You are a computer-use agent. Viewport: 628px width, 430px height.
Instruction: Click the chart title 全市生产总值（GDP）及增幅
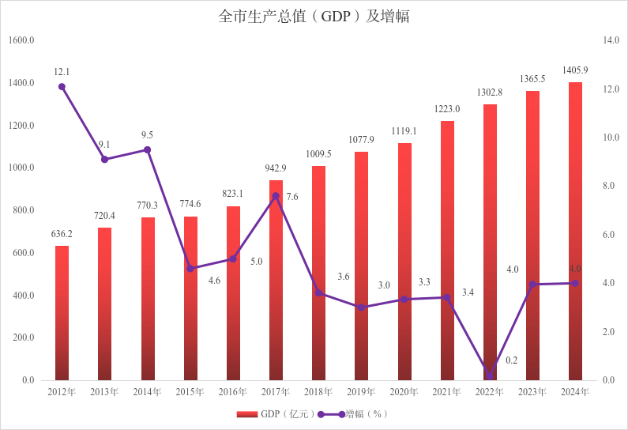(x=314, y=17)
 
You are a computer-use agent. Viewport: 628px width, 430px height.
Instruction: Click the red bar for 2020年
(x=404, y=261)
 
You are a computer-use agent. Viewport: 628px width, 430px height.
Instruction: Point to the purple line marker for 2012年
(x=62, y=87)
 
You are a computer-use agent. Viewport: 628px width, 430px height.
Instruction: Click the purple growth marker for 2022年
(x=490, y=376)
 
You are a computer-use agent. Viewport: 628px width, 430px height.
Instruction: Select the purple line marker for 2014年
(x=148, y=149)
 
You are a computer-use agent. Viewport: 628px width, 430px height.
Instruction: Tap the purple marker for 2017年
(x=276, y=196)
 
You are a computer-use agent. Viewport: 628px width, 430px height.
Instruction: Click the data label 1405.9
(x=575, y=70)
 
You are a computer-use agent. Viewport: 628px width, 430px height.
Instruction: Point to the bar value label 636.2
(x=62, y=234)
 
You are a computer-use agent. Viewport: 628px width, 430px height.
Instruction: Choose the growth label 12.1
(x=62, y=72)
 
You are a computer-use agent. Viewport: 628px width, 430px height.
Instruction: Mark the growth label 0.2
(x=511, y=360)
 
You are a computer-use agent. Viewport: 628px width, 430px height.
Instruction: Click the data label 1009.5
(x=318, y=154)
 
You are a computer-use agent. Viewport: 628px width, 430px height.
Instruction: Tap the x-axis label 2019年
(x=361, y=392)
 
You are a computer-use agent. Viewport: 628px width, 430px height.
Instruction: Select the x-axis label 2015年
(x=190, y=392)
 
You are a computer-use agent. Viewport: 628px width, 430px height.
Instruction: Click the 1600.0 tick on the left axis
(x=21, y=40)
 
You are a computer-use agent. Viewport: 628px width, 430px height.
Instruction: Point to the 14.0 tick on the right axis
(x=610, y=40)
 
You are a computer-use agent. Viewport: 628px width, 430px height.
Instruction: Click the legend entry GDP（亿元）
(x=277, y=414)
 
